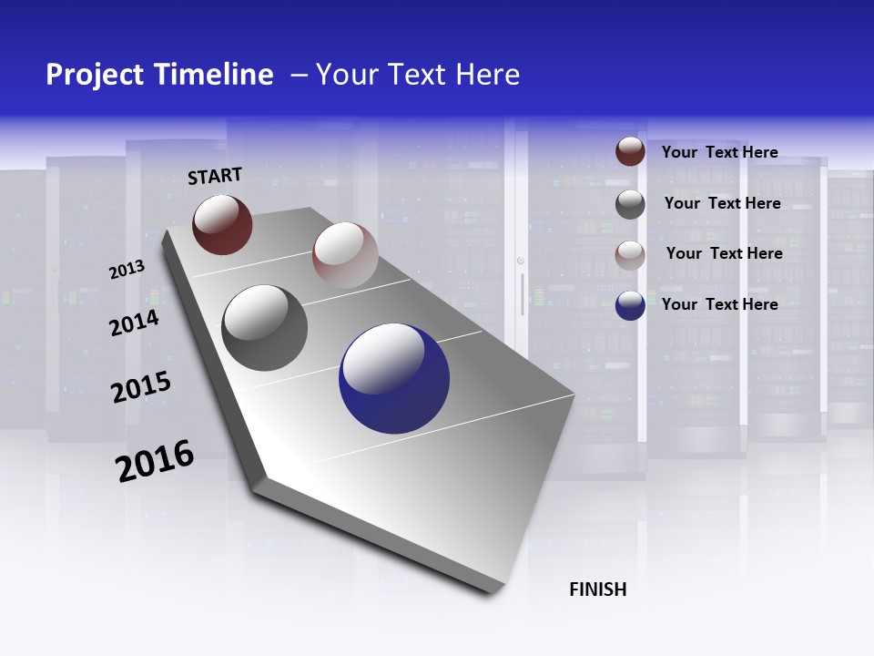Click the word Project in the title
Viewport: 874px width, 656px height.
click(x=94, y=75)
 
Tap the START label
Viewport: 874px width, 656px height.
click(x=215, y=176)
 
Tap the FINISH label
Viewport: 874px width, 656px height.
click(x=598, y=589)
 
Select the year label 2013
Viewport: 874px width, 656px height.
click(x=127, y=270)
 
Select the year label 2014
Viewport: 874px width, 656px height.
click(x=134, y=323)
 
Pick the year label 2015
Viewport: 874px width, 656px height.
click(x=140, y=387)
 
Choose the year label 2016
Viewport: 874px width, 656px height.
click(x=155, y=461)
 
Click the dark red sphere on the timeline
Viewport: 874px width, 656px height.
click(x=222, y=224)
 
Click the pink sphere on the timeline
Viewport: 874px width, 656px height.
click(x=345, y=255)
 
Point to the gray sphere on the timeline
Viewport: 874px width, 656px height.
click(x=264, y=328)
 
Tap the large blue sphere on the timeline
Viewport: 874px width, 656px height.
click(x=394, y=378)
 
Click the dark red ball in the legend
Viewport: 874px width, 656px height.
click(x=630, y=151)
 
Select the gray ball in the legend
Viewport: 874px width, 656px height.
click(x=630, y=204)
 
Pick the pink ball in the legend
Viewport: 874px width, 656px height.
click(x=630, y=254)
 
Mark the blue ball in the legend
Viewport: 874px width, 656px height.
click(x=630, y=305)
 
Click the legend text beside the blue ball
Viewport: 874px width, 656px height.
click(x=720, y=304)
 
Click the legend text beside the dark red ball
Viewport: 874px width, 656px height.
click(x=720, y=152)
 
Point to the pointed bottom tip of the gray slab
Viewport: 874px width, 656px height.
click(x=493, y=592)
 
